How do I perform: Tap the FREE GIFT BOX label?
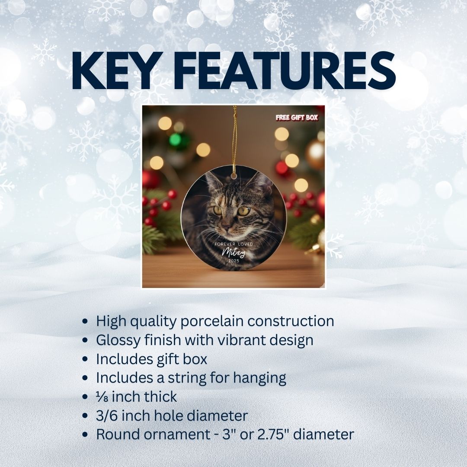(x=297, y=118)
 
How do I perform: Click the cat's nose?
(x=227, y=228)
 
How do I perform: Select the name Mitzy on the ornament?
(x=234, y=253)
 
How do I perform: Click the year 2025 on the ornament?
(x=234, y=261)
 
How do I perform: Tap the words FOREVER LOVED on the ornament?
(x=233, y=244)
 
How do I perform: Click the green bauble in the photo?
(x=178, y=140)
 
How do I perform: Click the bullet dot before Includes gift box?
(x=85, y=359)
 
